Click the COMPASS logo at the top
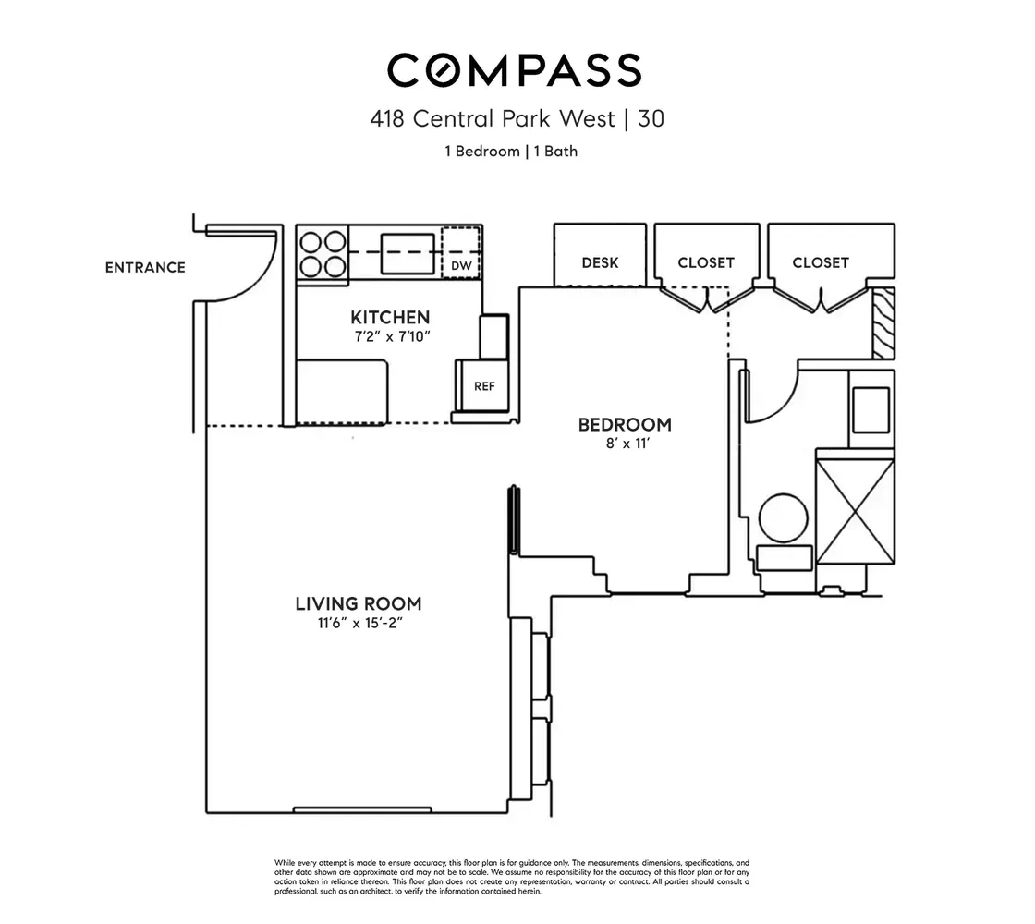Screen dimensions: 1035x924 (x=514, y=70)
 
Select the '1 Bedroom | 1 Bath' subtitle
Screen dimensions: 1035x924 (x=511, y=152)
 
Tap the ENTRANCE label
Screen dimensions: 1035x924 (x=145, y=267)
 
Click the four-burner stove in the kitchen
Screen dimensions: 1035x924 (x=323, y=254)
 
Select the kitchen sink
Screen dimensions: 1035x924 (x=408, y=253)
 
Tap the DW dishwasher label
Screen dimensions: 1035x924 (x=461, y=266)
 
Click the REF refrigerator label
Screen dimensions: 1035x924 (x=484, y=386)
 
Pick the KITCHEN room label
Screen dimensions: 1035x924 (x=390, y=317)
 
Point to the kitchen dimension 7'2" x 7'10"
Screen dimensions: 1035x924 (x=392, y=336)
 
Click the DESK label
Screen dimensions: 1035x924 (x=600, y=262)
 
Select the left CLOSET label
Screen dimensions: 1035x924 (x=706, y=262)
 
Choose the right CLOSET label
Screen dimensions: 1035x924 (x=821, y=262)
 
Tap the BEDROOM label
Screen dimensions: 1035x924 (x=625, y=424)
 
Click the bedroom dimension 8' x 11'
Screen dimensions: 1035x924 (x=627, y=444)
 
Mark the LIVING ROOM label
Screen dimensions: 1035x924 (x=359, y=604)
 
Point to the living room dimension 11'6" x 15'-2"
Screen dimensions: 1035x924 (x=359, y=623)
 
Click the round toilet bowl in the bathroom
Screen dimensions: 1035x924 (x=784, y=518)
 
